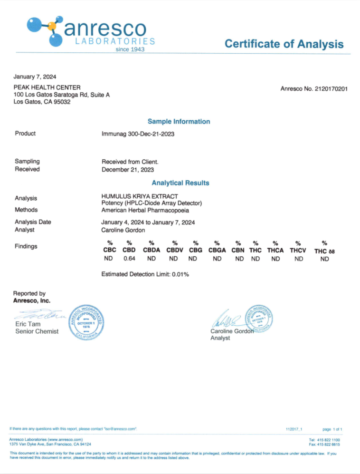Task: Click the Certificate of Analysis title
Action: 284,44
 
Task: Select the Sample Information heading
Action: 179,121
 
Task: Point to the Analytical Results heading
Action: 180,183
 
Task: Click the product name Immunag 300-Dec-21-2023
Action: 138,134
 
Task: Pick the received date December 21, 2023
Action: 128,169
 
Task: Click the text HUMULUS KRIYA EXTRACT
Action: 140,196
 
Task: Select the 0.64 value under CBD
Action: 129,259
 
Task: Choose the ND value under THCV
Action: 298,259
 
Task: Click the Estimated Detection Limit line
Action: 145,274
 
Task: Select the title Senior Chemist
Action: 37,331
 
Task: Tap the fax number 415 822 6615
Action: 325,444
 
